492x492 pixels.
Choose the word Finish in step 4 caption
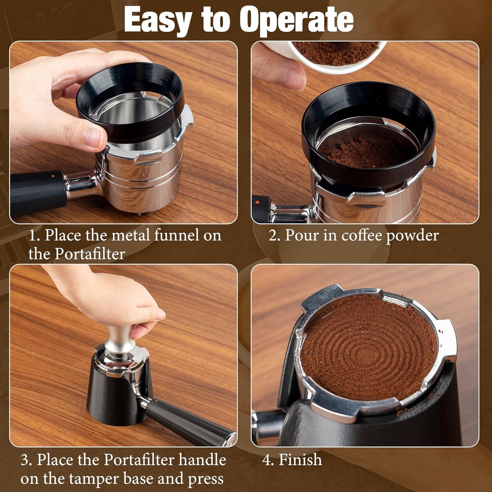(x=300, y=460)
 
